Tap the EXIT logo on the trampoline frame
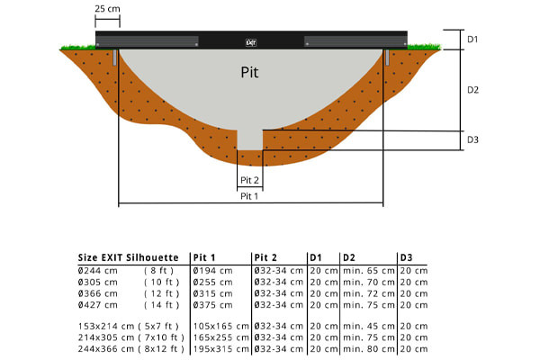[251, 40]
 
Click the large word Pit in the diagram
[251, 72]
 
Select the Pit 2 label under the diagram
[249, 180]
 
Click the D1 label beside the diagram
[472, 40]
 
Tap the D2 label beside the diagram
[472, 90]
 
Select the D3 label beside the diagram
[472, 139]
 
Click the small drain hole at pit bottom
[250, 139]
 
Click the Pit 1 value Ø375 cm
[213, 305]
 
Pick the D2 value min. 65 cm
[367, 270]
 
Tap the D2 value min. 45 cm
[367, 325]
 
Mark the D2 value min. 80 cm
[367, 348]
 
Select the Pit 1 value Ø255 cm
[213, 282]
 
